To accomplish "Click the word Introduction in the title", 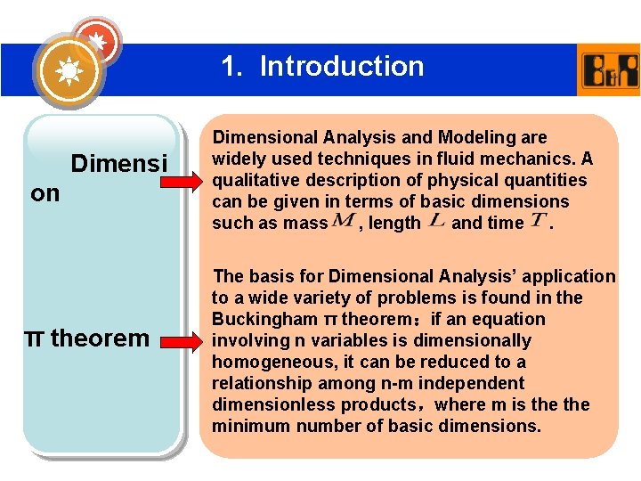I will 342,66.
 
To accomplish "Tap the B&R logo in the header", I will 609,69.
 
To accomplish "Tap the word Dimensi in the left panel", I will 118,164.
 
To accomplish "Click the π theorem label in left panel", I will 86,338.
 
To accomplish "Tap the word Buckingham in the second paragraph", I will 264,319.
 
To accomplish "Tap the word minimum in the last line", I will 248,426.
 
